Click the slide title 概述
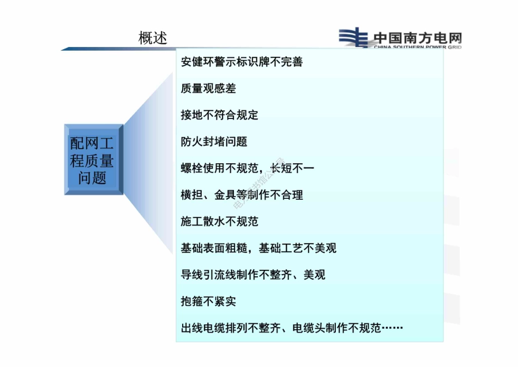(x=153, y=38)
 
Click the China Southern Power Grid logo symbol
(x=354, y=38)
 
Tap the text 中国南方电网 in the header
(x=418, y=38)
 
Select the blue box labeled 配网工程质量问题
(x=92, y=159)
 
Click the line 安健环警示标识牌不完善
(x=242, y=62)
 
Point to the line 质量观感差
(x=208, y=88)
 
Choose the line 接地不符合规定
(x=219, y=115)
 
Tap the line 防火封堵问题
(x=214, y=141)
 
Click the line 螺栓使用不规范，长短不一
(x=248, y=168)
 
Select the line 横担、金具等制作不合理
(x=242, y=195)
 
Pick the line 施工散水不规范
(x=219, y=222)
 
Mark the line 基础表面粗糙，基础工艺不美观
(x=258, y=248)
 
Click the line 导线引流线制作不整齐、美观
(x=253, y=275)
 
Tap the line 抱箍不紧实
(x=208, y=301)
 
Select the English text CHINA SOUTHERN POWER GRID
(x=418, y=48)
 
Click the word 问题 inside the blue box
(x=92, y=177)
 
